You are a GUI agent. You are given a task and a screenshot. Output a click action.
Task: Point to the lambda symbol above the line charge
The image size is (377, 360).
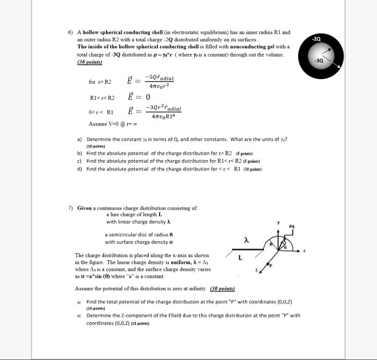pos(246,240)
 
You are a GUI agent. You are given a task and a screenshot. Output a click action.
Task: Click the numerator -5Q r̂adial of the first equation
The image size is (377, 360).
pos(161,79)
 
